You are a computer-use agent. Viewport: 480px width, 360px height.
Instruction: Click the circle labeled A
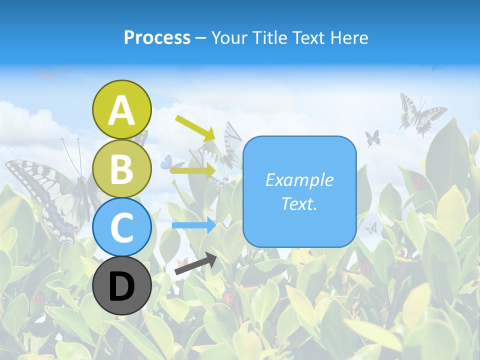(122, 109)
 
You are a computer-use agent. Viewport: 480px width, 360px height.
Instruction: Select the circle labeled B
(122, 168)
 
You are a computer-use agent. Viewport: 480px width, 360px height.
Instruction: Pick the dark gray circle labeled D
(122, 285)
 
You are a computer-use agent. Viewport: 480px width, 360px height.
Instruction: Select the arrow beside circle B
(193, 171)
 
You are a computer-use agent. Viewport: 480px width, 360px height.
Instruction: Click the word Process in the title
(157, 37)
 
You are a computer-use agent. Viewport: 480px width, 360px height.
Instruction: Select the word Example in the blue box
(299, 180)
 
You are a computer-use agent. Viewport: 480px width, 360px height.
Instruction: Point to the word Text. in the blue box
(299, 203)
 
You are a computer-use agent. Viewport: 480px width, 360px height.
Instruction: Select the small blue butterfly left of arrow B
(166, 161)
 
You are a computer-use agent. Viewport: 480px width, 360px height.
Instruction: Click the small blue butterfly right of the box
(372, 138)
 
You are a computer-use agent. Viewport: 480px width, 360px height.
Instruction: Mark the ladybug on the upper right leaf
(419, 181)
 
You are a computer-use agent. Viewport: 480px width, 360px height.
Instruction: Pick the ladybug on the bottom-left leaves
(38, 298)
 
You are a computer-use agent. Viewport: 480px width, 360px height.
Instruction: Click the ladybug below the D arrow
(228, 298)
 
